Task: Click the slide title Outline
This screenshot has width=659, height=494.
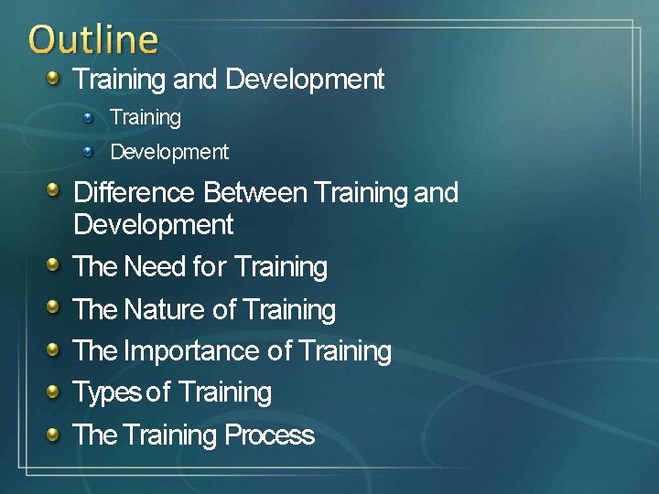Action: click(92, 39)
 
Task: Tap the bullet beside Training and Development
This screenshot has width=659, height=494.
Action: click(54, 79)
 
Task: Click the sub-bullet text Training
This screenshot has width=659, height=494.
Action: click(146, 117)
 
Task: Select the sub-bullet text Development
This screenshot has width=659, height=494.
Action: click(169, 151)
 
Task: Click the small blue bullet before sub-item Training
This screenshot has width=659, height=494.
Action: click(88, 116)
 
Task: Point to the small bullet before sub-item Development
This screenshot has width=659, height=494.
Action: click(88, 150)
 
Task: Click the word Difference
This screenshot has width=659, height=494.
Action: click(134, 193)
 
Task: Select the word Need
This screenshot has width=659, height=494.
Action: click(155, 267)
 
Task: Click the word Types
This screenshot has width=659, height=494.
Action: click(106, 392)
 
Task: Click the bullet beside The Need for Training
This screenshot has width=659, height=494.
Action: click(54, 266)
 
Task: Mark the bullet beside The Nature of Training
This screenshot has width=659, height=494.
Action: click(54, 308)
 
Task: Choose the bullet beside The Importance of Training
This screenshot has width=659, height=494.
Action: click(54, 349)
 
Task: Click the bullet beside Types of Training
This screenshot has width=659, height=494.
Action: click(54, 392)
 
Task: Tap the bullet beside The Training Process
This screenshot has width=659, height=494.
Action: click(54, 434)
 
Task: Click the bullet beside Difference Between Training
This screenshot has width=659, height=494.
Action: click(54, 192)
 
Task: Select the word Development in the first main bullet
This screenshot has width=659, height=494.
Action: click(305, 80)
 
